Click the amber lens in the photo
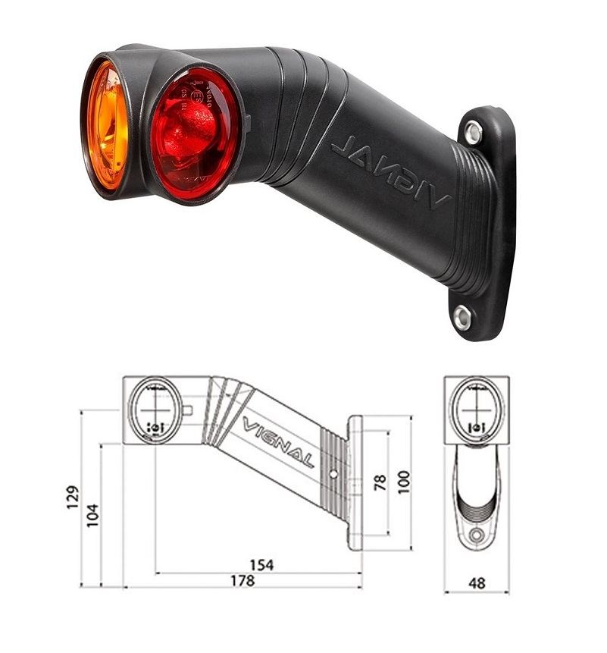106,126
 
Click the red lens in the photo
196,134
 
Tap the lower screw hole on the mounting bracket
462,317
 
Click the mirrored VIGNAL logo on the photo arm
390,171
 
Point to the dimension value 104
92,516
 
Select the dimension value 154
261,565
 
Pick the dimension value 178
242,581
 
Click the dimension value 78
380,482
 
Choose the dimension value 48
477,583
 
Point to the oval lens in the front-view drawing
477,410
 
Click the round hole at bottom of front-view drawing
476,536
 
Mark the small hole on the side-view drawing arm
334,475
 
